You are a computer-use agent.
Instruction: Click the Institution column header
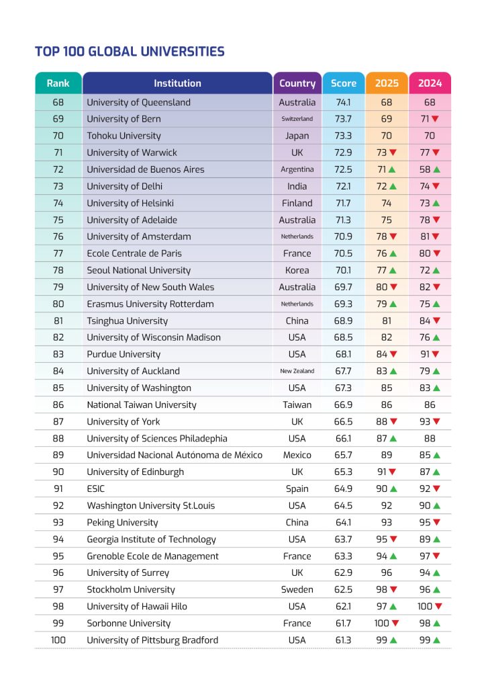point(177,83)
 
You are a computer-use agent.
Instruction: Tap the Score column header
point(344,83)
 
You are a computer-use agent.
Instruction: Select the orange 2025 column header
point(387,83)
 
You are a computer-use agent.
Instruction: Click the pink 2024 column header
point(430,83)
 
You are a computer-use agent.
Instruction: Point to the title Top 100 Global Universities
point(130,52)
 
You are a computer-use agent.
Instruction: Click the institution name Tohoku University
point(124,136)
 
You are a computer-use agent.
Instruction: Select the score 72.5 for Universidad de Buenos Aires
point(344,169)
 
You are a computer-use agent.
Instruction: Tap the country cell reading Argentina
point(297,169)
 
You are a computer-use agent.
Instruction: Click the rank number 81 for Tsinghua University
point(58,320)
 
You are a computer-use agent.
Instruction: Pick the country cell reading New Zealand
point(297,371)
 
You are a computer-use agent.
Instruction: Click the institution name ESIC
point(95,488)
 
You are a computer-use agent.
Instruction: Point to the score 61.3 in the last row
point(344,640)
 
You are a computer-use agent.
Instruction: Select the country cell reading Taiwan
point(297,404)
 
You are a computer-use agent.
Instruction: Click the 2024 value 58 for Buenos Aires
point(425,169)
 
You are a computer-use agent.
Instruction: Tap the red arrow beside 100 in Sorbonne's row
point(395,623)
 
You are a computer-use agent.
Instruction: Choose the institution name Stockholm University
point(131,589)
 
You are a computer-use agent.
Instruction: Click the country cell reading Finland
point(297,203)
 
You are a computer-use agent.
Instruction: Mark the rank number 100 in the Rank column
point(58,640)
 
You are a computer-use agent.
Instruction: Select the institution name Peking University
point(122,522)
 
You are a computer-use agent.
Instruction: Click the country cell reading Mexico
point(297,455)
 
